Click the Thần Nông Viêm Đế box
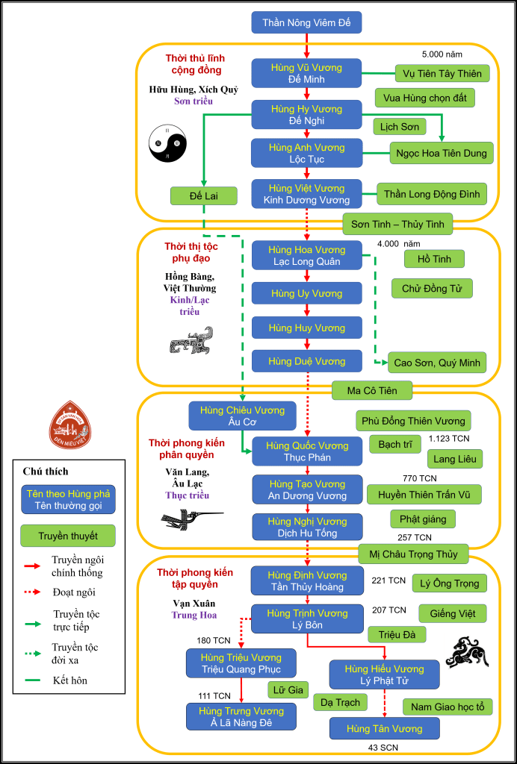point(306,22)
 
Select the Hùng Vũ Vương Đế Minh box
point(306,73)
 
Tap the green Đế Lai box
point(204,196)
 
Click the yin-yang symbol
point(167,143)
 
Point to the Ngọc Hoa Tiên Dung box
point(442,154)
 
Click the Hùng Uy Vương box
point(306,294)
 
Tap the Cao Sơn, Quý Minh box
point(437,363)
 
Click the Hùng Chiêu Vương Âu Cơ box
point(242,416)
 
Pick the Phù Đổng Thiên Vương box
point(413,421)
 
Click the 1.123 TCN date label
point(449,438)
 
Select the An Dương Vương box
point(306,490)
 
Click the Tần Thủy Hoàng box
point(307,581)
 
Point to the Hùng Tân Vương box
point(385,728)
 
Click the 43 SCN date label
point(386,748)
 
